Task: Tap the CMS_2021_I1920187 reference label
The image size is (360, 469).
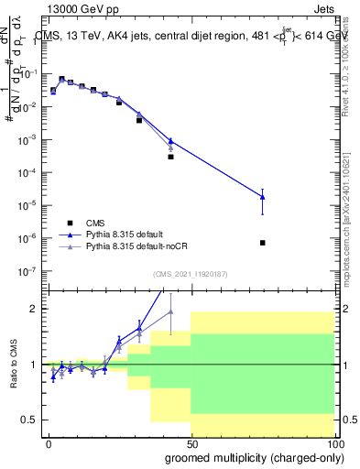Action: click(x=190, y=273)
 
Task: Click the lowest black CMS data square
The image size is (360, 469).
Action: click(x=263, y=243)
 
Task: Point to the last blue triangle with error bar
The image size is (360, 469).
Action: click(x=263, y=197)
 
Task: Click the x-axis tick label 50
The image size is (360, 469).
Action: click(x=191, y=442)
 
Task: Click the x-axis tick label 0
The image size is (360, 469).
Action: click(x=49, y=442)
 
